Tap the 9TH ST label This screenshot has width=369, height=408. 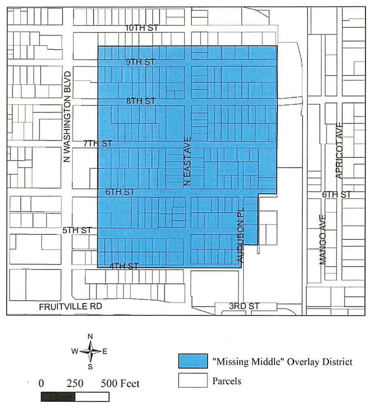coord(141,62)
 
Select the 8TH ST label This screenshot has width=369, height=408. coord(141,101)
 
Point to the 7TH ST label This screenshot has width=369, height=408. coord(98,144)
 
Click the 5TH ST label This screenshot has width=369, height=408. coord(77,230)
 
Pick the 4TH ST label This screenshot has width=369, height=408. coord(124,266)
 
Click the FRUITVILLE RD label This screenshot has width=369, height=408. coord(71,307)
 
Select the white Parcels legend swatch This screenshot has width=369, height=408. coord(193,381)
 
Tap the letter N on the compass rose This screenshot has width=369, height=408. coord(90,336)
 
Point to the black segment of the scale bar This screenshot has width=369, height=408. coord(58,397)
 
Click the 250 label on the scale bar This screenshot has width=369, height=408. coord(75,384)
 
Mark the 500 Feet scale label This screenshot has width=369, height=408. coord(120,384)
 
